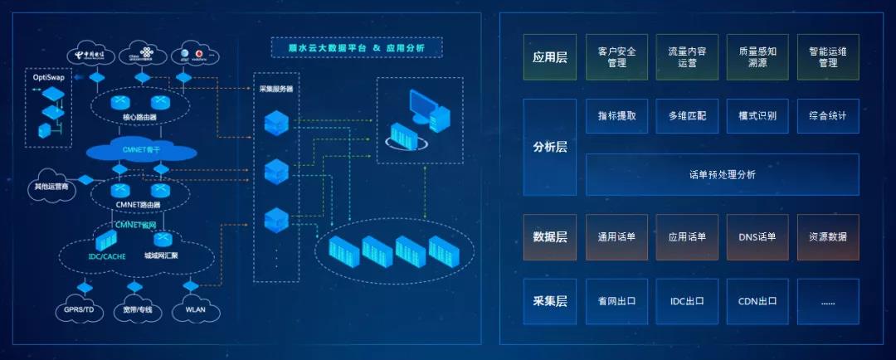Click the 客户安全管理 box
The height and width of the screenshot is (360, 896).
616,56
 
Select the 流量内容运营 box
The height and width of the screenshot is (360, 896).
687,56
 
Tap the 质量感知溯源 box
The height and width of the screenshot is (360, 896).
757,56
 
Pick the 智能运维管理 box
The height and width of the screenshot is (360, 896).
828,56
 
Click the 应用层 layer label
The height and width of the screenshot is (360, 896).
549,57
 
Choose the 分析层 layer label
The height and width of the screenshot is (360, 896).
549,148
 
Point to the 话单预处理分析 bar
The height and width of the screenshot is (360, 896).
722,174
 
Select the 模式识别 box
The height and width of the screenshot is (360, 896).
757,116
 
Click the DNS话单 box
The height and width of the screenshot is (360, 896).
757,237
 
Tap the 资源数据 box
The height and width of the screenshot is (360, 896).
828,237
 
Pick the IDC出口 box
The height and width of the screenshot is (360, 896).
687,301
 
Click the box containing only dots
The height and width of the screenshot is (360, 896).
828,301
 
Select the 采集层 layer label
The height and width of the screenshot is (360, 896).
549,301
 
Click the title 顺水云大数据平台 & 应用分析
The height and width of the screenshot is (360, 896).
358,48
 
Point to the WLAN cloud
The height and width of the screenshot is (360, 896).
196,310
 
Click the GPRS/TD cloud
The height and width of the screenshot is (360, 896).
84,310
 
